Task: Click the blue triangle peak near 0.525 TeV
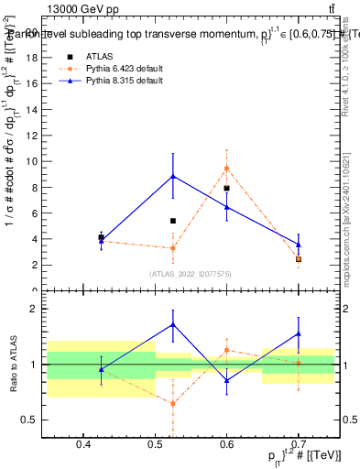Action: pyautogui.click(x=173, y=176)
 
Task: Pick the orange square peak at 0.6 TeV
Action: pyautogui.click(x=226, y=168)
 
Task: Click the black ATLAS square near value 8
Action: pyautogui.click(x=226, y=188)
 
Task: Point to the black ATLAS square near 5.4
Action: pyautogui.click(x=173, y=221)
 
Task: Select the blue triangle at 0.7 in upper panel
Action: pyautogui.click(x=299, y=245)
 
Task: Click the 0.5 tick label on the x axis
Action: pyautogui.click(x=155, y=445)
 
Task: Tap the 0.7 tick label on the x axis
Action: pyautogui.click(x=299, y=445)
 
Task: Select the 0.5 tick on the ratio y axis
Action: pyautogui.click(x=33, y=420)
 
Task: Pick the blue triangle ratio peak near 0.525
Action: pyautogui.click(x=173, y=324)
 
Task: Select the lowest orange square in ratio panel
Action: pyautogui.click(x=173, y=403)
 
